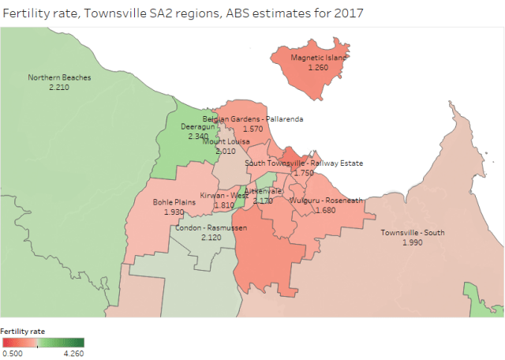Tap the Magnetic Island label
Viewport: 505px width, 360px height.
(x=318, y=58)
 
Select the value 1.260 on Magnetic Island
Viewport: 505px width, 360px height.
(x=318, y=68)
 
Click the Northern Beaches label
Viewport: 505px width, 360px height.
(x=59, y=77)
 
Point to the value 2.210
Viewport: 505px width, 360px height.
(x=59, y=87)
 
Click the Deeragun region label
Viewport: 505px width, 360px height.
(x=198, y=126)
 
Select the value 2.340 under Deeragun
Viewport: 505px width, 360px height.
(x=198, y=136)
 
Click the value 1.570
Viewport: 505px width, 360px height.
(x=252, y=129)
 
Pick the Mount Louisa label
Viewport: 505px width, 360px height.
(x=226, y=141)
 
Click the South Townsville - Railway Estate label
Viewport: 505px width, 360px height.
(x=304, y=163)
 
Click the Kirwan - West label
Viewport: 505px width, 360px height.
(x=224, y=195)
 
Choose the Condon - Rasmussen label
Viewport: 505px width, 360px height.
(x=211, y=228)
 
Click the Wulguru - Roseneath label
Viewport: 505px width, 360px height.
(x=325, y=201)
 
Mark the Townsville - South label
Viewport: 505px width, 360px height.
(x=413, y=233)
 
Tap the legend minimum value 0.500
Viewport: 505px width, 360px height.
(x=12, y=353)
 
